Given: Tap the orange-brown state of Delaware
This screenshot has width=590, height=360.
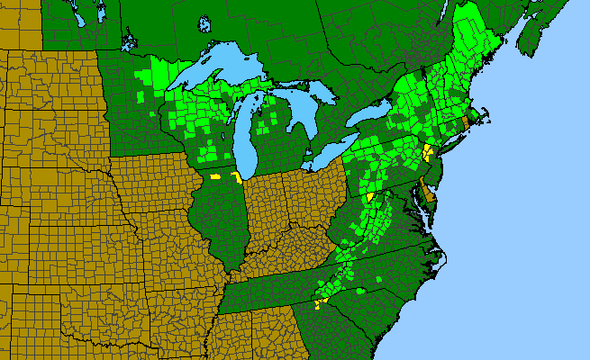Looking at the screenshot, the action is click(430, 192).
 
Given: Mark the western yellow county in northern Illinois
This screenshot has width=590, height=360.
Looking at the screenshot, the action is click(215, 177).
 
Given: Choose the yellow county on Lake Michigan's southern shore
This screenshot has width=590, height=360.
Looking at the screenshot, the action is click(236, 176).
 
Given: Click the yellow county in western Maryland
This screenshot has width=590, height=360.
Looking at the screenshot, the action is click(369, 196).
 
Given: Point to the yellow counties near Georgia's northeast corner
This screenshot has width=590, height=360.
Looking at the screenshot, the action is click(319, 304).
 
